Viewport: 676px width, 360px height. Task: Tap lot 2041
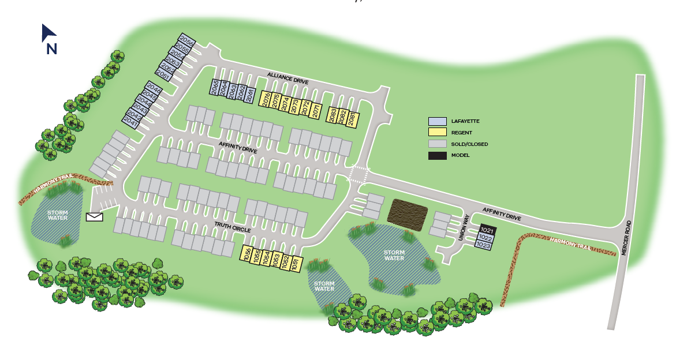tap(131, 122)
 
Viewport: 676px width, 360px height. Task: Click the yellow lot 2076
tap(265, 99)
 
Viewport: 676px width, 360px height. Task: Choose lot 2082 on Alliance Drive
tap(342, 117)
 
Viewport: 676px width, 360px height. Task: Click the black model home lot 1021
tap(487, 230)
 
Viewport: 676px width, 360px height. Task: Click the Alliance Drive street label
tap(287, 78)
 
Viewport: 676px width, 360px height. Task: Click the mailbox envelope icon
tap(94, 217)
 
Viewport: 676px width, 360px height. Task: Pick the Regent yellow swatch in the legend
tap(437, 133)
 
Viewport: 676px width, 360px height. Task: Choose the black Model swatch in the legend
tap(437, 155)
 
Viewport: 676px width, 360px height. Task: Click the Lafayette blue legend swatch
tap(437, 121)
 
